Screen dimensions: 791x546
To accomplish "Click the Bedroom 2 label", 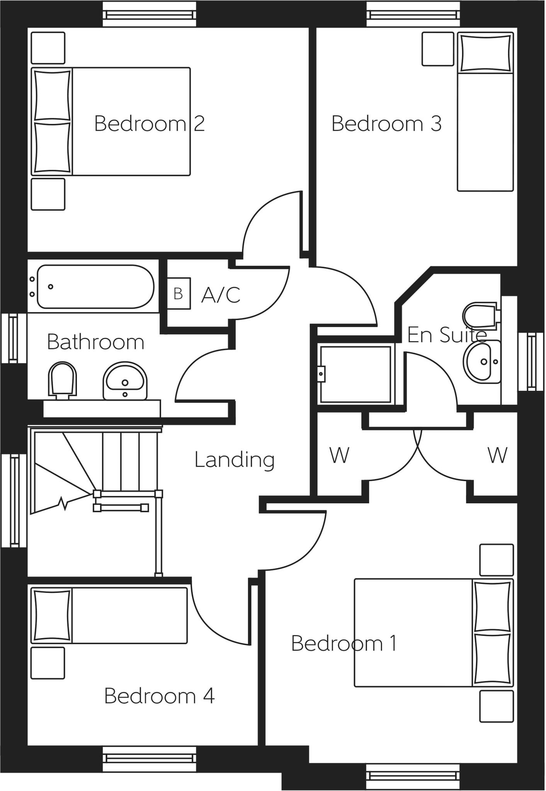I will click(x=149, y=124).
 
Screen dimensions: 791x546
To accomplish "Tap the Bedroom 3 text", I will click(x=386, y=124).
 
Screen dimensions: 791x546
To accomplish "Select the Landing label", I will click(x=234, y=460).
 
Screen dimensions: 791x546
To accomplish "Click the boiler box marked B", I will click(x=179, y=294).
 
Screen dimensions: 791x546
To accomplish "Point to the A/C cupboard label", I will click(x=221, y=295).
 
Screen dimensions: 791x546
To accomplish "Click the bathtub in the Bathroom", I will click(x=95, y=287).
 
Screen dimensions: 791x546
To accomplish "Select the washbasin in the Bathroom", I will click(x=125, y=382).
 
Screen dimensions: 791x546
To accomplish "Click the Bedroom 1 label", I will click(x=344, y=644).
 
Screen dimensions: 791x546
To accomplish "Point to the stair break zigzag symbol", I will click(x=63, y=504).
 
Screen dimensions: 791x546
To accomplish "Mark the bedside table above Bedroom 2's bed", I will click(x=48, y=48).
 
